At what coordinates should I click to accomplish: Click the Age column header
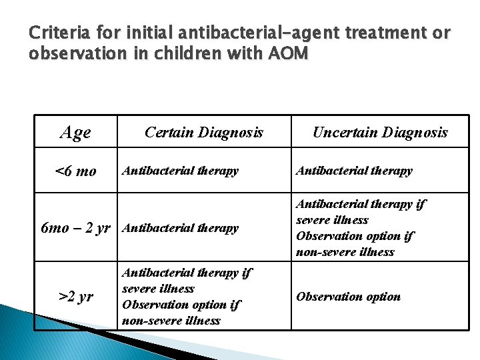75,133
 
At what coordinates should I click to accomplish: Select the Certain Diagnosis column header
204,133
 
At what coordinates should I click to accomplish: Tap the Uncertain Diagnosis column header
380,133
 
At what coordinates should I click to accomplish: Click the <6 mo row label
75,171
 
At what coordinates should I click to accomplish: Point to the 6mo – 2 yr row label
75,228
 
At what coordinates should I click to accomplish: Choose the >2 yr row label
75,297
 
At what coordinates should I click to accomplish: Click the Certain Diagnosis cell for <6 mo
180,171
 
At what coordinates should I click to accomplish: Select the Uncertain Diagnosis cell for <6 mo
354,171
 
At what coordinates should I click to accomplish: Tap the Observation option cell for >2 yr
348,297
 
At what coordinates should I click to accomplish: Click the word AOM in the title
289,53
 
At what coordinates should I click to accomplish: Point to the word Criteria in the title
55,32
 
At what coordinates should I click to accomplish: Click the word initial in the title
137,32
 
